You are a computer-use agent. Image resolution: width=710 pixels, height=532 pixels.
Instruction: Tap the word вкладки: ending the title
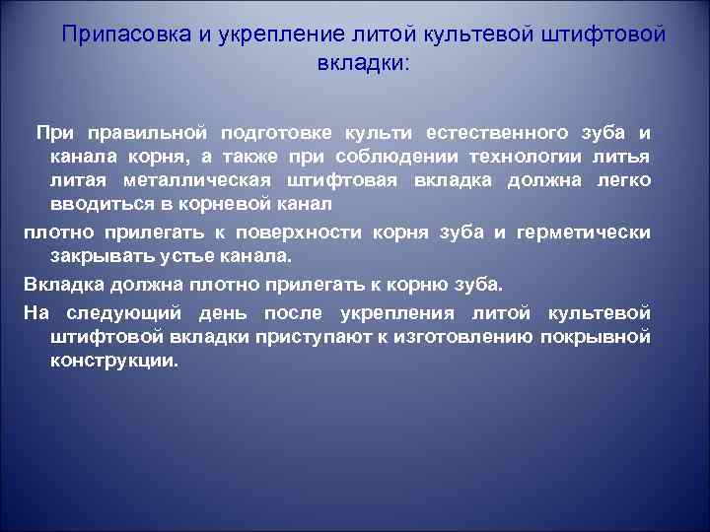tap(362, 62)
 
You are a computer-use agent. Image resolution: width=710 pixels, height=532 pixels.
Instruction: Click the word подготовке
tap(278, 133)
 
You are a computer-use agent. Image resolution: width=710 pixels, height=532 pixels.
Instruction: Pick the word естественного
tap(497, 133)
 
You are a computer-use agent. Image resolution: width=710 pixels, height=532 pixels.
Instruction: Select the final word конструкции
tap(114, 362)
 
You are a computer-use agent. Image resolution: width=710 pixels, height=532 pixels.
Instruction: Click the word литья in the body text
tap(621, 158)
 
